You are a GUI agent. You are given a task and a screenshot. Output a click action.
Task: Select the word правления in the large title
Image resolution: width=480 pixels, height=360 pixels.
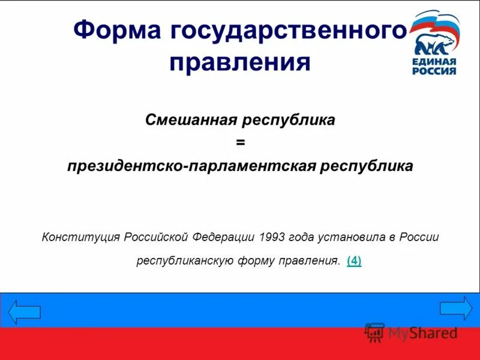pos(240,62)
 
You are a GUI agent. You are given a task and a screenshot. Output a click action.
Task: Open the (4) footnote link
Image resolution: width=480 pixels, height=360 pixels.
pos(354,261)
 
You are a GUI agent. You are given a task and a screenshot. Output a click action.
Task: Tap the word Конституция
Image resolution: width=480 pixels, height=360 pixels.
pos(82,237)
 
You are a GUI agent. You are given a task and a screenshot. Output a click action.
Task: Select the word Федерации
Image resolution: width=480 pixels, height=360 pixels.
pos(225,237)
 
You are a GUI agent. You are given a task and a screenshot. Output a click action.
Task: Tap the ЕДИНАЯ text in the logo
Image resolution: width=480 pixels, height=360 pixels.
pos(434,61)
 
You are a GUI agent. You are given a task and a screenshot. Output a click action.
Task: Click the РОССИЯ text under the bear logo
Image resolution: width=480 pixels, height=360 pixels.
pos(434,71)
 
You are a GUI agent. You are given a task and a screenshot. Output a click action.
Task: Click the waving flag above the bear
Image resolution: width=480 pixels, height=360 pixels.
pos(438,23)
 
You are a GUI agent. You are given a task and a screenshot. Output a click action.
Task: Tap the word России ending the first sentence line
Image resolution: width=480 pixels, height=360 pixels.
pos(421,237)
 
